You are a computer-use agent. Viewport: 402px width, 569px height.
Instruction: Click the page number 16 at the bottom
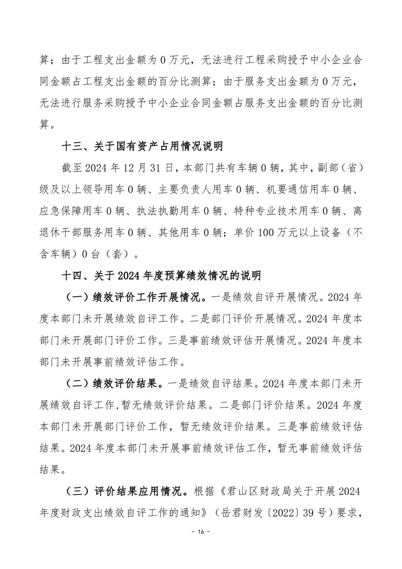tap(201, 546)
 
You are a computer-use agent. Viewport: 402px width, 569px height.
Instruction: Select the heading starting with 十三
tap(142, 147)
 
